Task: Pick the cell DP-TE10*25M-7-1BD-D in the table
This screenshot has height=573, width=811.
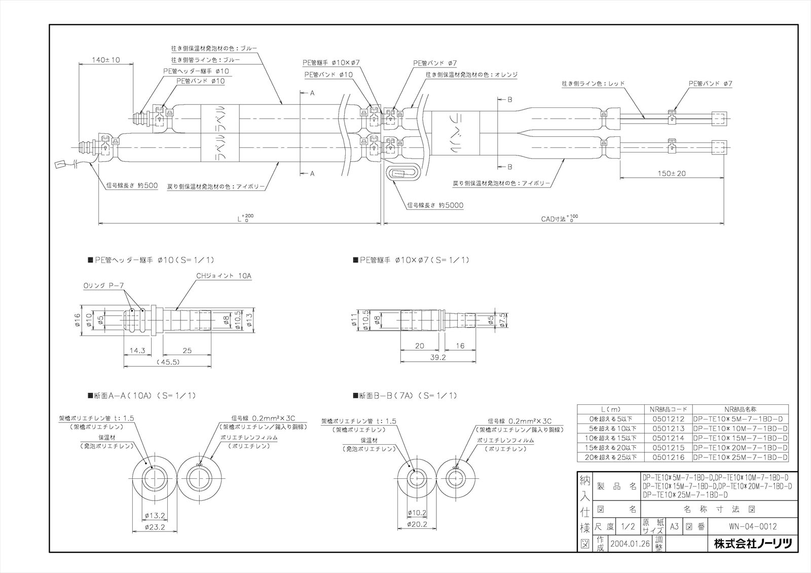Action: [740, 457]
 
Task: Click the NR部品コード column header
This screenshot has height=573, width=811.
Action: [668, 409]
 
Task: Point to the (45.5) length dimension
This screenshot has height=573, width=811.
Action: [167, 362]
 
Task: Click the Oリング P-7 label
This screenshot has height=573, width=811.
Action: [104, 286]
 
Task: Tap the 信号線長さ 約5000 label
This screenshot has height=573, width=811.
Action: [435, 205]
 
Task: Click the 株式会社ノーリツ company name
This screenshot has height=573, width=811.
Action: [752, 544]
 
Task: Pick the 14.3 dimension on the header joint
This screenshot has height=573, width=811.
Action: [137, 350]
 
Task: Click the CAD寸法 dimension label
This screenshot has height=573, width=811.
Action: [554, 219]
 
